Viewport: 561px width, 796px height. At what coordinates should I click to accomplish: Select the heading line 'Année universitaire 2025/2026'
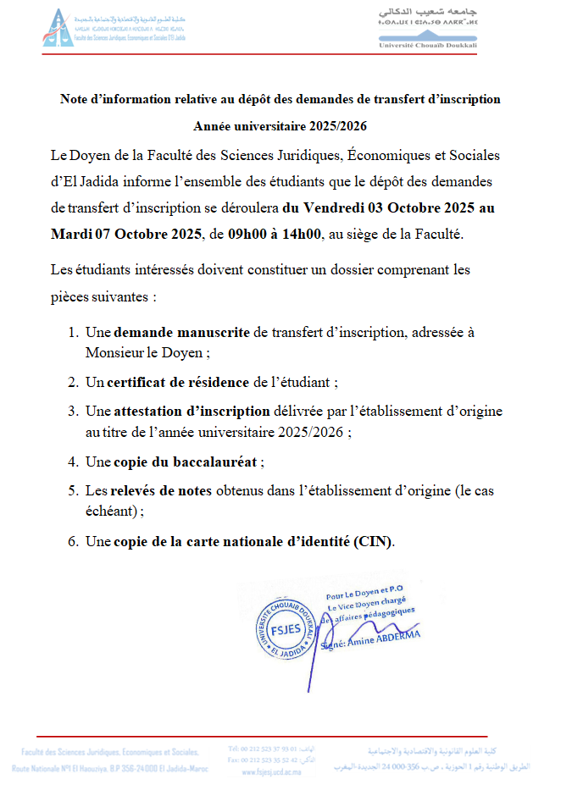click(x=280, y=125)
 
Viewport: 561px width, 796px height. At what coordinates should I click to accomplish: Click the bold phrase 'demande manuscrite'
click(x=181, y=332)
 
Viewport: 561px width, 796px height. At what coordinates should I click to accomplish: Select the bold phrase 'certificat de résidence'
click(x=179, y=382)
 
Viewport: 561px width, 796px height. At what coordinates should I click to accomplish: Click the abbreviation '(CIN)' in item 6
click(x=375, y=541)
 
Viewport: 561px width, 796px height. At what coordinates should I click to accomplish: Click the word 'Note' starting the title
click(x=75, y=99)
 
